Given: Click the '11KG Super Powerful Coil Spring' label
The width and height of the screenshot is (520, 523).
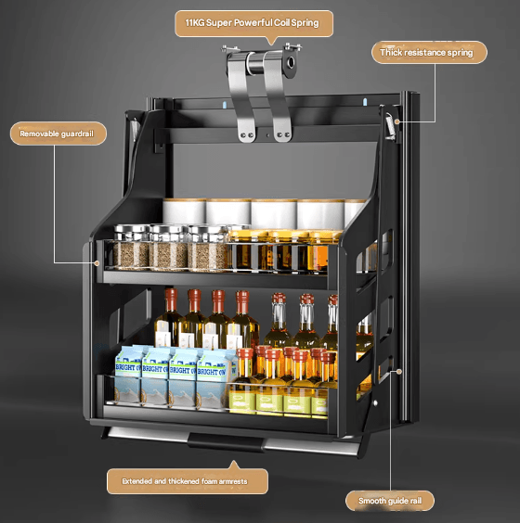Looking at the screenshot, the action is click(x=253, y=23).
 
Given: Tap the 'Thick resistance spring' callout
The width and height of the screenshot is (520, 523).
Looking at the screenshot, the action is click(x=429, y=52).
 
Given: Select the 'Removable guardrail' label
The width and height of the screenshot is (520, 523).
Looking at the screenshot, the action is click(x=58, y=134).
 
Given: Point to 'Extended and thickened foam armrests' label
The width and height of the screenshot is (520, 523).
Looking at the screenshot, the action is click(x=188, y=481).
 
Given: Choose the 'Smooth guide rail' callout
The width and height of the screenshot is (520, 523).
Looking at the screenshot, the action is click(x=390, y=501).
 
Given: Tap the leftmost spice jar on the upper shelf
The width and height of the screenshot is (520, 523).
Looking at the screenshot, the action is click(x=131, y=247).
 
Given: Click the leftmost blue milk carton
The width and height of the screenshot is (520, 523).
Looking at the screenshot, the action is click(x=128, y=375).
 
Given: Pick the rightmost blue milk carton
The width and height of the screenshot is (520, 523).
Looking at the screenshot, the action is click(x=214, y=378).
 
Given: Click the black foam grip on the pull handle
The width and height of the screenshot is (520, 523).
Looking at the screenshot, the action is click(x=227, y=441).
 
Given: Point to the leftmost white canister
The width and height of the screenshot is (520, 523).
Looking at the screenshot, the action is click(x=184, y=210).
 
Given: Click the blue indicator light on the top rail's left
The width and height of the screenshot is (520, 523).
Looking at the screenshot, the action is click(x=225, y=105).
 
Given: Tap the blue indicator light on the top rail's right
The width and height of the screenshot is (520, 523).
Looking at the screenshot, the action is click(x=365, y=101).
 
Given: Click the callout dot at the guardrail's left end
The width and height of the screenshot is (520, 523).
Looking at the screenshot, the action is click(x=97, y=263).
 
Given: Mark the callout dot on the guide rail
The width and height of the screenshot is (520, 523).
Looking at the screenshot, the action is click(x=398, y=371).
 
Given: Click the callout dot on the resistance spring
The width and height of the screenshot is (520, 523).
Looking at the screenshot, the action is click(x=396, y=121).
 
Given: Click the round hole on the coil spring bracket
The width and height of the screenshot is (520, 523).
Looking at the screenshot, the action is click(x=291, y=62).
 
